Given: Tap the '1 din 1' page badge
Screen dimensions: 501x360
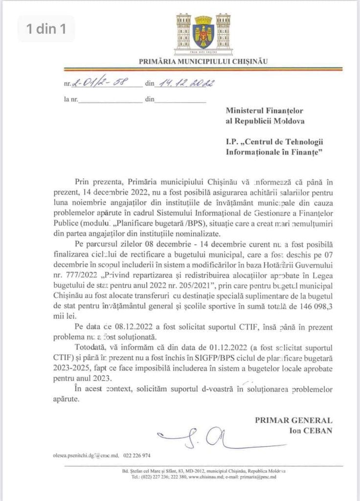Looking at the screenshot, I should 46,29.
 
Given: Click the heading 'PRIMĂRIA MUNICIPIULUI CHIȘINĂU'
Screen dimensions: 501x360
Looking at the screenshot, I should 203,62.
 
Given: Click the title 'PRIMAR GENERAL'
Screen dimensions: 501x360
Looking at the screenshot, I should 293,420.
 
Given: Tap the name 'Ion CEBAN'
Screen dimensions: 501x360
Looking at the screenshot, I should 311,430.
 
